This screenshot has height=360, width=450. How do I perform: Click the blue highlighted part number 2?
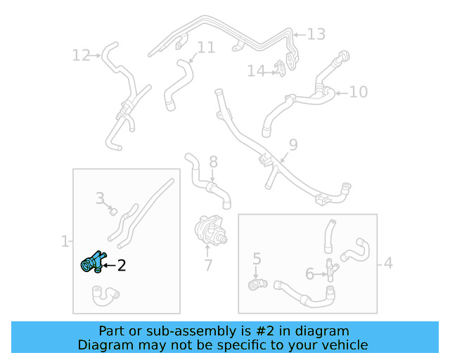click(92, 262)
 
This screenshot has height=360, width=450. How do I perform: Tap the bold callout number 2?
click(122, 266)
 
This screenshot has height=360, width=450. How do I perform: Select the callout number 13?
click(316, 34)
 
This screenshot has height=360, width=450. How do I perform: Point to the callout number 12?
click(81, 55)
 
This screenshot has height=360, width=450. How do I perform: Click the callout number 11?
click(206, 47)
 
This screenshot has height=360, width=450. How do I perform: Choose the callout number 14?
click(256, 71)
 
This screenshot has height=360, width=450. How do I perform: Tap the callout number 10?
click(359, 92)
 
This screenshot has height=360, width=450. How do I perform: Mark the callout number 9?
click(293, 145)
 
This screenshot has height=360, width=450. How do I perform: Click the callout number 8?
click(213, 162)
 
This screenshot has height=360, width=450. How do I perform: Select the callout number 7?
click(208, 265)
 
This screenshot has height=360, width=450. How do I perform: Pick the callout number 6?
click(309, 274)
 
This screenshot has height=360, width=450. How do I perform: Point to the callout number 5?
click(257, 259)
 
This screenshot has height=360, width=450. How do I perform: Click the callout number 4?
click(388, 263)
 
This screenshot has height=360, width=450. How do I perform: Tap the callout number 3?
click(100, 198)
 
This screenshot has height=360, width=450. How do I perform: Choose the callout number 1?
click(65, 241)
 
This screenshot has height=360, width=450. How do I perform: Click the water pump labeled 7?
click(211, 231)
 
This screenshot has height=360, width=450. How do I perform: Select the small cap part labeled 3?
click(114, 212)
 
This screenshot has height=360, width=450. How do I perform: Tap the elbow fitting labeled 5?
click(257, 284)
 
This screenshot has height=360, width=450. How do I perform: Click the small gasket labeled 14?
click(280, 69)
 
